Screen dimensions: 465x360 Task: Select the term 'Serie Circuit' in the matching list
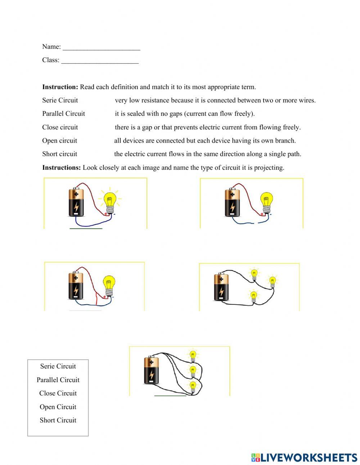click(x=60, y=100)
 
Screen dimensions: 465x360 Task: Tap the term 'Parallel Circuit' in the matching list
click(x=63, y=113)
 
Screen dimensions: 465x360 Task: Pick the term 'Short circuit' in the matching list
click(x=59, y=154)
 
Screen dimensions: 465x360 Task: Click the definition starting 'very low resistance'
click(x=215, y=100)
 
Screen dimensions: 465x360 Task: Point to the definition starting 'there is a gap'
click(x=207, y=127)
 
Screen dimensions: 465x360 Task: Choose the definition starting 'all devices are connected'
click(x=205, y=140)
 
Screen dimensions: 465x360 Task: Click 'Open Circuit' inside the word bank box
click(x=58, y=407)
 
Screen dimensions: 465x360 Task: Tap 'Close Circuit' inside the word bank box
click(x=58, y=393)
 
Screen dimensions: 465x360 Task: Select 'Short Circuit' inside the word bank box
click(x=58, y=420)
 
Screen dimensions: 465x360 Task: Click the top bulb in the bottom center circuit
click(x=193, y=355)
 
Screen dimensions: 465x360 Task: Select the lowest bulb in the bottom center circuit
click(x=193, y=387)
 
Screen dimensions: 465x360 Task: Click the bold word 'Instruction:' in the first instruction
click(x=60, y=87)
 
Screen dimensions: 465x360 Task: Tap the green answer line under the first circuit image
click(x=86, y=228)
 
